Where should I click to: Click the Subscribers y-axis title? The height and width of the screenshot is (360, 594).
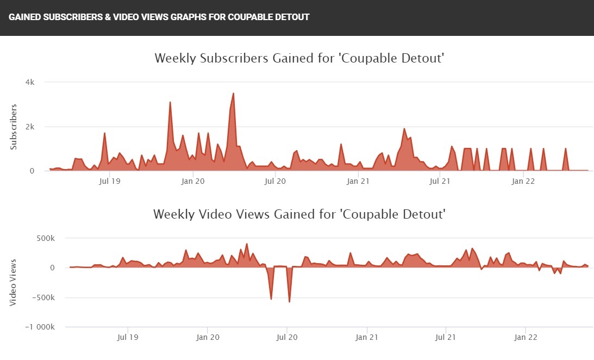[x=14, y=127]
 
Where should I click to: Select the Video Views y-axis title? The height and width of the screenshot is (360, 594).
[x=14, y=282]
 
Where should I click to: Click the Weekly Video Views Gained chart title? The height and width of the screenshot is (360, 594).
[x=299, y=214]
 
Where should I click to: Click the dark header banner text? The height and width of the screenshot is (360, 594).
[x=159, y=17]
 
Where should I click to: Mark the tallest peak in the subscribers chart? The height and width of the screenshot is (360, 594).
[x=233, y=94]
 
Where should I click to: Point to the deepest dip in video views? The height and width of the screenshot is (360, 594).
[x=289, y=301]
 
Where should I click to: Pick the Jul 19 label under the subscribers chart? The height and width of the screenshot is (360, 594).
[x=110, y=181]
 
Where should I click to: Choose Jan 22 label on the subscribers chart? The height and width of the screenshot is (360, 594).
[x=523, y=181]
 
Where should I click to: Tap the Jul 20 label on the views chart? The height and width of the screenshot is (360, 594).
[x=287, y=337]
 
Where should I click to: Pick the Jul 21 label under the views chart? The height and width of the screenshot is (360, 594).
[x=446, y=337]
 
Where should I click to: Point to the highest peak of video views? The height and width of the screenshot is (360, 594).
[x=247, y=244]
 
